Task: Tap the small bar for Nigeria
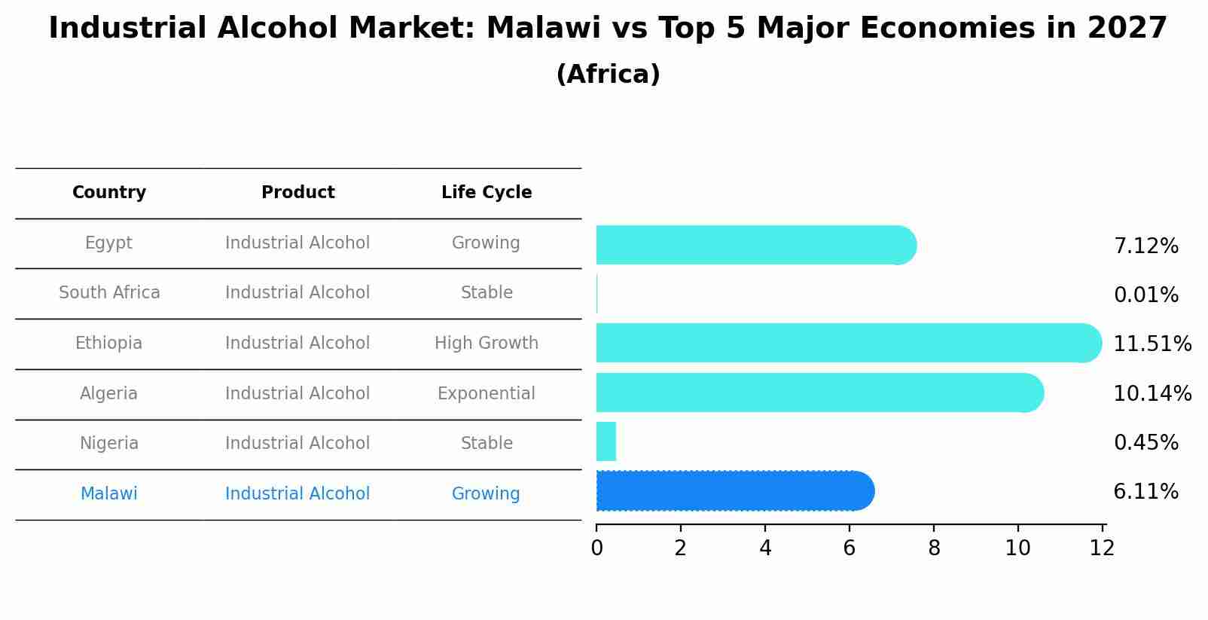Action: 606,441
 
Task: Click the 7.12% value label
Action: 1145,246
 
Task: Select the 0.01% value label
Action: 1145,295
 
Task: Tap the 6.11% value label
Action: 1145,492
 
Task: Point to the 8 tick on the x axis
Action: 934,548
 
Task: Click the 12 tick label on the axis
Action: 1102,548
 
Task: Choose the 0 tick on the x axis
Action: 596,548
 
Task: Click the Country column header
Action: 109,193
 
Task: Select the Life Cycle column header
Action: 487,193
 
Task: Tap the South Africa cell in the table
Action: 109,293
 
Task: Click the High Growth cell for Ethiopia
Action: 487,344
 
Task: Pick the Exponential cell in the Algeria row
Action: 487,394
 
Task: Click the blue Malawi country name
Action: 109,494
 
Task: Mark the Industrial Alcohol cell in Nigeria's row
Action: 297,444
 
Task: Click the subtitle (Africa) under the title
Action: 608,75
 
